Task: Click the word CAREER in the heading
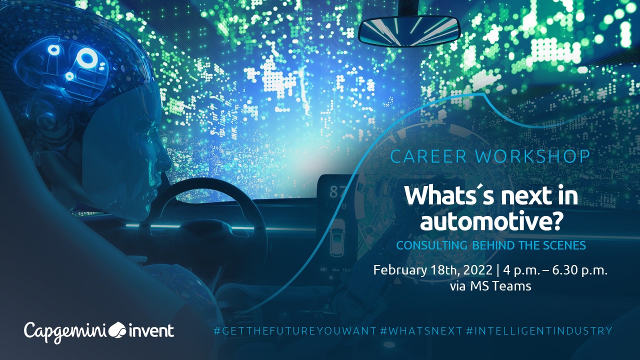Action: pyautogui.click(x=428, y=156)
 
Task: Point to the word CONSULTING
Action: pyautogui.click(x=431, y=245)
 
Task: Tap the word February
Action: pyautogui.click(x=399, y=270)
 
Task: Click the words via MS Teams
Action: pyautogui.click(x=490, y=286)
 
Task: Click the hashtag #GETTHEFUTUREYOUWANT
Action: pyautogui.click(x=295, y=331)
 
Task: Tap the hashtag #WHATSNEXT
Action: pyautogui.click(x=421, y=331)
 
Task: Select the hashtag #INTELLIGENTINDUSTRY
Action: pyautogui.click(x=539, y=331)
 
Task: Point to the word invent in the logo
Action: pyautogui.click(x=151, y=331)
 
